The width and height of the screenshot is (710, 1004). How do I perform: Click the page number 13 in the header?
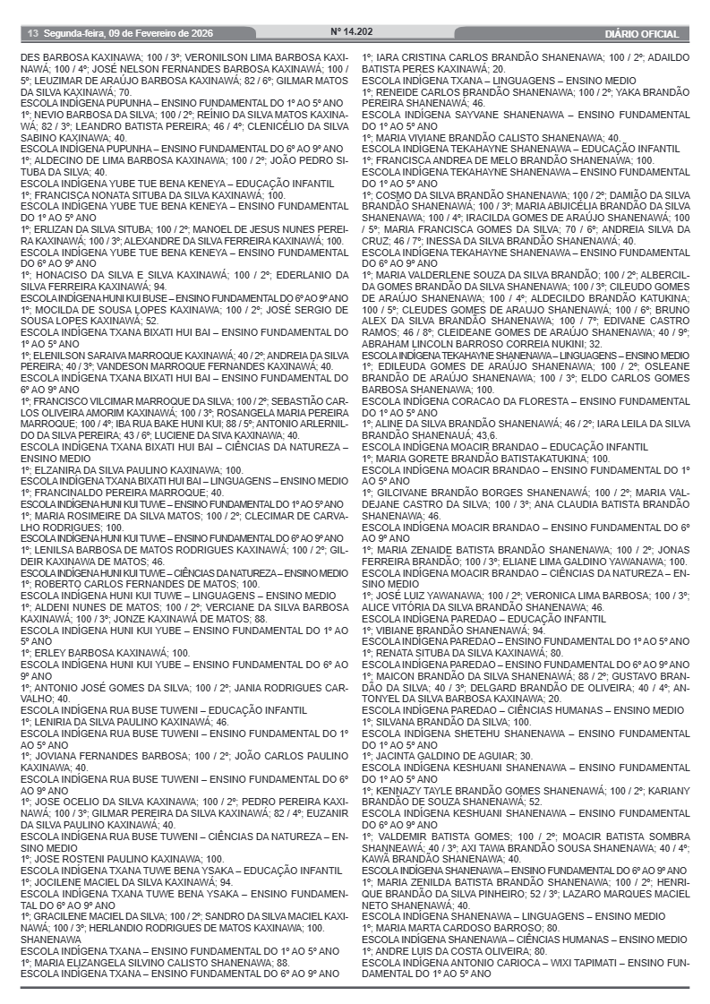31,34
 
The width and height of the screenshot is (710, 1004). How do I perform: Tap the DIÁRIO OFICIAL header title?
641,34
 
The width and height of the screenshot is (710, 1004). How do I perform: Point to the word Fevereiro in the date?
149,34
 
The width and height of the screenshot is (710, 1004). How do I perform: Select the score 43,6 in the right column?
500,434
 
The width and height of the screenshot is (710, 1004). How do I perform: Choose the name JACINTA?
398,756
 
